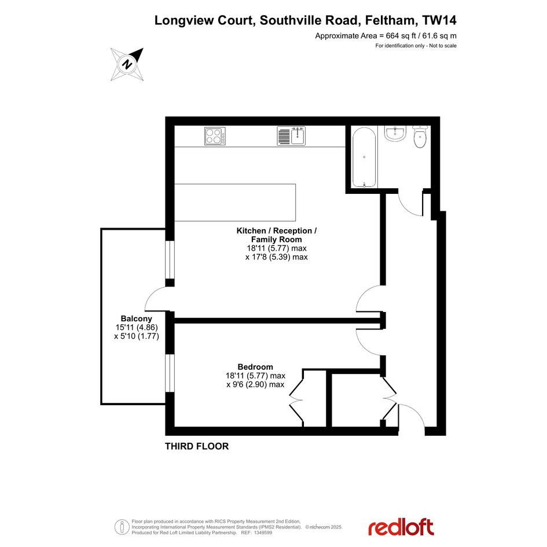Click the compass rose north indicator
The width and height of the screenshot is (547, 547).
point(127,64)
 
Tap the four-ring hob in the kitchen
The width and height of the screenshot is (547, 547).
point(215,136)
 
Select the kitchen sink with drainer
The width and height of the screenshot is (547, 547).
point(291,135)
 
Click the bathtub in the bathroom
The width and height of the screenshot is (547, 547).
point(364,157)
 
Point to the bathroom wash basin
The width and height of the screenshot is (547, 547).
point(395,133)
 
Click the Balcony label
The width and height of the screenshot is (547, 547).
point(137,318)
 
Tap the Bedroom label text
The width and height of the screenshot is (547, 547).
point(255,367)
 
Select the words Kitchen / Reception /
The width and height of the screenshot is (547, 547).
point(277,230)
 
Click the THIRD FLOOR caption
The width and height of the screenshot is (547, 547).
point(197,446)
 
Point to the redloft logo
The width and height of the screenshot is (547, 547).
point(401,527)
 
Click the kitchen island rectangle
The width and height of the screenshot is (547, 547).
point(235,203)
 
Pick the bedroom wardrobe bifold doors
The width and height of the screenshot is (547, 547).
point(296,398)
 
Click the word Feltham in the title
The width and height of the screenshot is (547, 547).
point(390,20)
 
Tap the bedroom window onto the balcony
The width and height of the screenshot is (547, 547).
point(170,373)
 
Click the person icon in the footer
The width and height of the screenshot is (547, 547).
point(122,527)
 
